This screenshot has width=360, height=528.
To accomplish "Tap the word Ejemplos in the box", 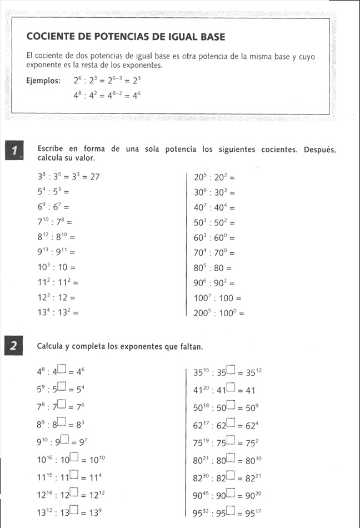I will click(x=43, y=81).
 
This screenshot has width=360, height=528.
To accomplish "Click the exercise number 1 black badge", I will click(x=14, y=151).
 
